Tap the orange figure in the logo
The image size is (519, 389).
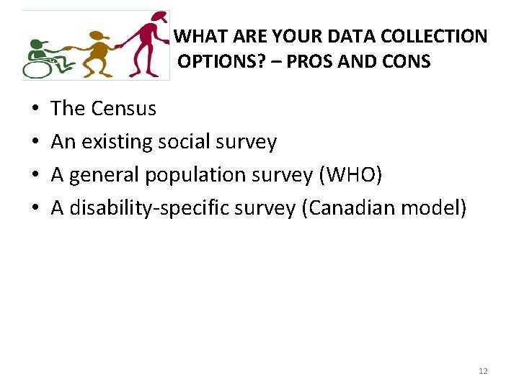tap(97, 51)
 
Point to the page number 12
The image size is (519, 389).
tap(483, 371)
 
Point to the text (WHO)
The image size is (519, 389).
tap(350, 175)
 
